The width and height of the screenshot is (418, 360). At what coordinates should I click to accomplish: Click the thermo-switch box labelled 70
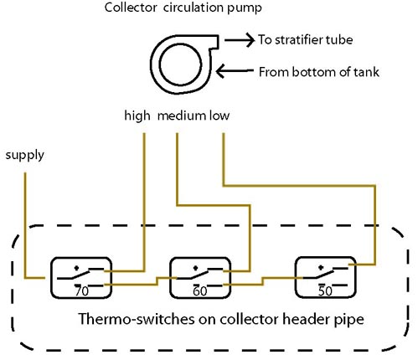coord(51,278)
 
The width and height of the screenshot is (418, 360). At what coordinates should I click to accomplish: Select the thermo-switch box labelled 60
coord(170,278)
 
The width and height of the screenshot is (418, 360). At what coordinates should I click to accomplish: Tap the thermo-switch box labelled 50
coord(296,278)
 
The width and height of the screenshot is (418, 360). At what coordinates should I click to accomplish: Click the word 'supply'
coord(25,156)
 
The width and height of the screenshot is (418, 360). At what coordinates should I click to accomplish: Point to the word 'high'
coord(137,116)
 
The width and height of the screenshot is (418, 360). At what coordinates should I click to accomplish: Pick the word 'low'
coord(219,116)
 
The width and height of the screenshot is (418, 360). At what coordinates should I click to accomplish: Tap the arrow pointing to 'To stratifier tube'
coord(240,40)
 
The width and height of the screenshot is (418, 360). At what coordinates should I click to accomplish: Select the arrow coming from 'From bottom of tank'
coord(235,71)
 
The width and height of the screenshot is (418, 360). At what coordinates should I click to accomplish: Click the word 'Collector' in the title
coord(131,8)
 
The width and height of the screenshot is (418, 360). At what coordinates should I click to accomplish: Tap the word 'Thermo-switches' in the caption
coord(137,319)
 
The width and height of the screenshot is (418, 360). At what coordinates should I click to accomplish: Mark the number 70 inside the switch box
coord(81,291)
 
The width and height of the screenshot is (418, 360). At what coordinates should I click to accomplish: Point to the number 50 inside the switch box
coord(325,291)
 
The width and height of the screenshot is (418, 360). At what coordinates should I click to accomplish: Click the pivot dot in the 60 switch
coord(195,268)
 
